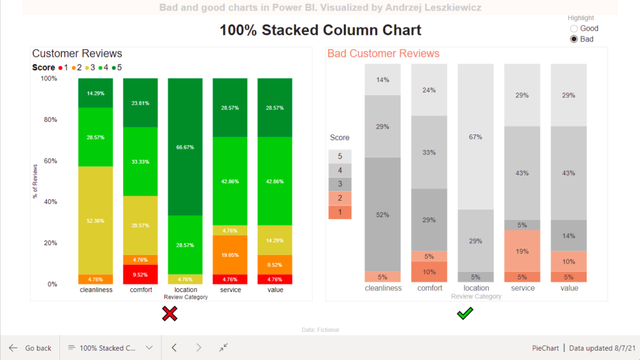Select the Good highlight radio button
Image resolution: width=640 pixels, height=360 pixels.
pos(574,28)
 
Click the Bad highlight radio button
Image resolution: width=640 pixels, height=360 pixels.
pos(574,39)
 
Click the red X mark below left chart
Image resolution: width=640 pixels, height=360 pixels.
pos(169,314)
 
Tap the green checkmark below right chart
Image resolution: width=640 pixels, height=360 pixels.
pos(465,313)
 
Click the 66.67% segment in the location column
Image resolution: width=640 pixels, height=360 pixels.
pos(185,147)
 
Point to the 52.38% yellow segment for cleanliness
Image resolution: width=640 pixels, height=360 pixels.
pos(96,220)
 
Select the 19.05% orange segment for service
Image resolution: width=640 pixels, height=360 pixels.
pos(231,255)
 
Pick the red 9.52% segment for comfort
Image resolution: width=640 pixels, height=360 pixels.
pos(141,274)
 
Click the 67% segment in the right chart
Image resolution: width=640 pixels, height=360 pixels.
pos(476,137)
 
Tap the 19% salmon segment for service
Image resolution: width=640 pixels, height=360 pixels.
pos(522,251)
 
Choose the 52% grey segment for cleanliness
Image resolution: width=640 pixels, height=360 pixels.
pos(382,214)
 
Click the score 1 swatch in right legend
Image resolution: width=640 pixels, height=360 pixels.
pos(340,212)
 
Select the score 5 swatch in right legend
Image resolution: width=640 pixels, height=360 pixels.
pos(340,156)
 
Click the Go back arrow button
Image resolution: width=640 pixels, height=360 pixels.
pos(13,347)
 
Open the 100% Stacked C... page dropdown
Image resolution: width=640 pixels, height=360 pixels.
pos(149,347)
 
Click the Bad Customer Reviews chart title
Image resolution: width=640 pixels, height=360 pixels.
pos(383,54)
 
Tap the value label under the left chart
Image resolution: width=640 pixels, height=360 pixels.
pos(275,290)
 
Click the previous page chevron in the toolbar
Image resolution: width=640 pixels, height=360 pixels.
pos(175,347)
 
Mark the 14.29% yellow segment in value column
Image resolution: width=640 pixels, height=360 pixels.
pos(276,240)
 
